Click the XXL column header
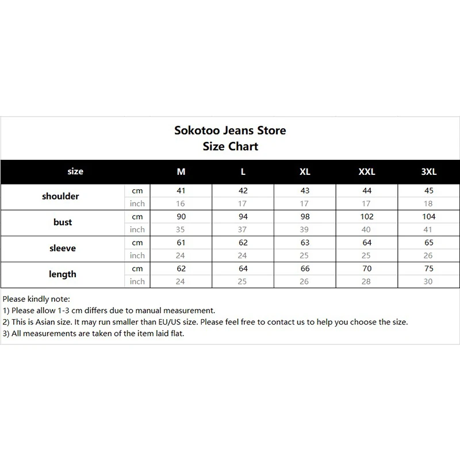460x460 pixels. coord(367,171)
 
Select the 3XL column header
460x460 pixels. coord(429,171)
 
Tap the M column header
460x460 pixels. coord(181,171)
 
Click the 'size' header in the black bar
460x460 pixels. coord(75,171)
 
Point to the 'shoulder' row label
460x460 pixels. coord(60,197)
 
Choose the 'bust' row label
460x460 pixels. coord(63,223)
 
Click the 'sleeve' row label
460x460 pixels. coord(62,248)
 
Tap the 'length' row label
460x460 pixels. coord(62,274)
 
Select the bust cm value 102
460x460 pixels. coord(367,217)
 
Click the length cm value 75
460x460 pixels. coord(429,269)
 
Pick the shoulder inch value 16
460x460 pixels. coord(181,204)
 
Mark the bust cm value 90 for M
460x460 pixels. coord(181,217)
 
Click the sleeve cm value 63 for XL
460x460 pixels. coord(305,243)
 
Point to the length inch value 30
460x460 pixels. coord(429,281)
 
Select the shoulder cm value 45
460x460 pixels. coord(429,191)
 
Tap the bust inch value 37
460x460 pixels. coord(243,229)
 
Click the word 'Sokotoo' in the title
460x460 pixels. coord(197,131)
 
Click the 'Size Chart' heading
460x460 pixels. coord(230,146)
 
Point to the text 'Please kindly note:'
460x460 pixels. coord(36,299)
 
